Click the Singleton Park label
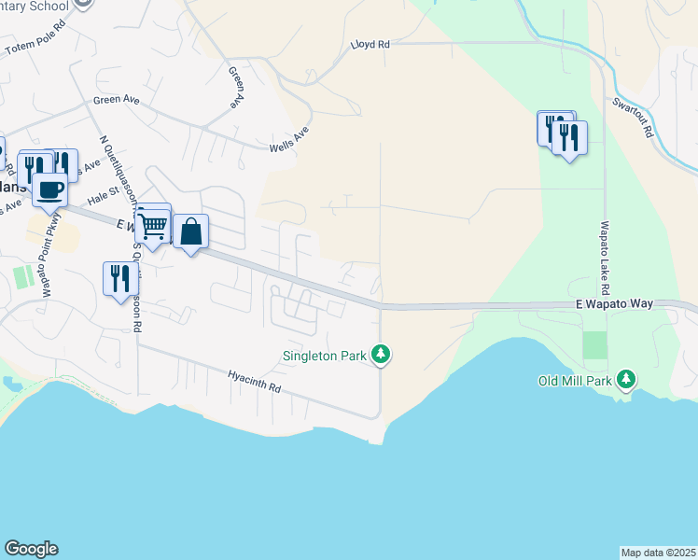coord(326,355)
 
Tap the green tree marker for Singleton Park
coord(381,355)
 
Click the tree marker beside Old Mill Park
coord(628,379)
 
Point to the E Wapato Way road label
coord(612,304)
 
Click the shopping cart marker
coord(152,225)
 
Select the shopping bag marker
coord(190,231)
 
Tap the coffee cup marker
coord(49,190)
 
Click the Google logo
coord(31,549)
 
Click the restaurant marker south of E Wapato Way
coord(120,279)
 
